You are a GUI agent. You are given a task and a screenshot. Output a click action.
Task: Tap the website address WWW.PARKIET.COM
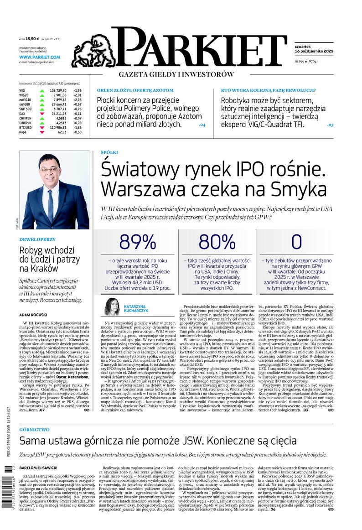[40, 57]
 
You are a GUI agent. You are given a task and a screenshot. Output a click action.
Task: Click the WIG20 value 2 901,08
[57, 95]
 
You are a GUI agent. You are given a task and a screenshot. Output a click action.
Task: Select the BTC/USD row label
[26, 127]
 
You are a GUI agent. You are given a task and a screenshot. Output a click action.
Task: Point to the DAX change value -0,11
[77, 114]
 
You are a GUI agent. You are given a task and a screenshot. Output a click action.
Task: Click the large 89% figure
[138, 242]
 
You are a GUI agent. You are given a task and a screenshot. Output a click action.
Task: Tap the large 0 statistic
[296, 242]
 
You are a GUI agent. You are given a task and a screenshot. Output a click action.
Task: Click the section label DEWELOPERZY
[37, 239]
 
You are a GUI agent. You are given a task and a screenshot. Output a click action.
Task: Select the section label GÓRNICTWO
[34, 430]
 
